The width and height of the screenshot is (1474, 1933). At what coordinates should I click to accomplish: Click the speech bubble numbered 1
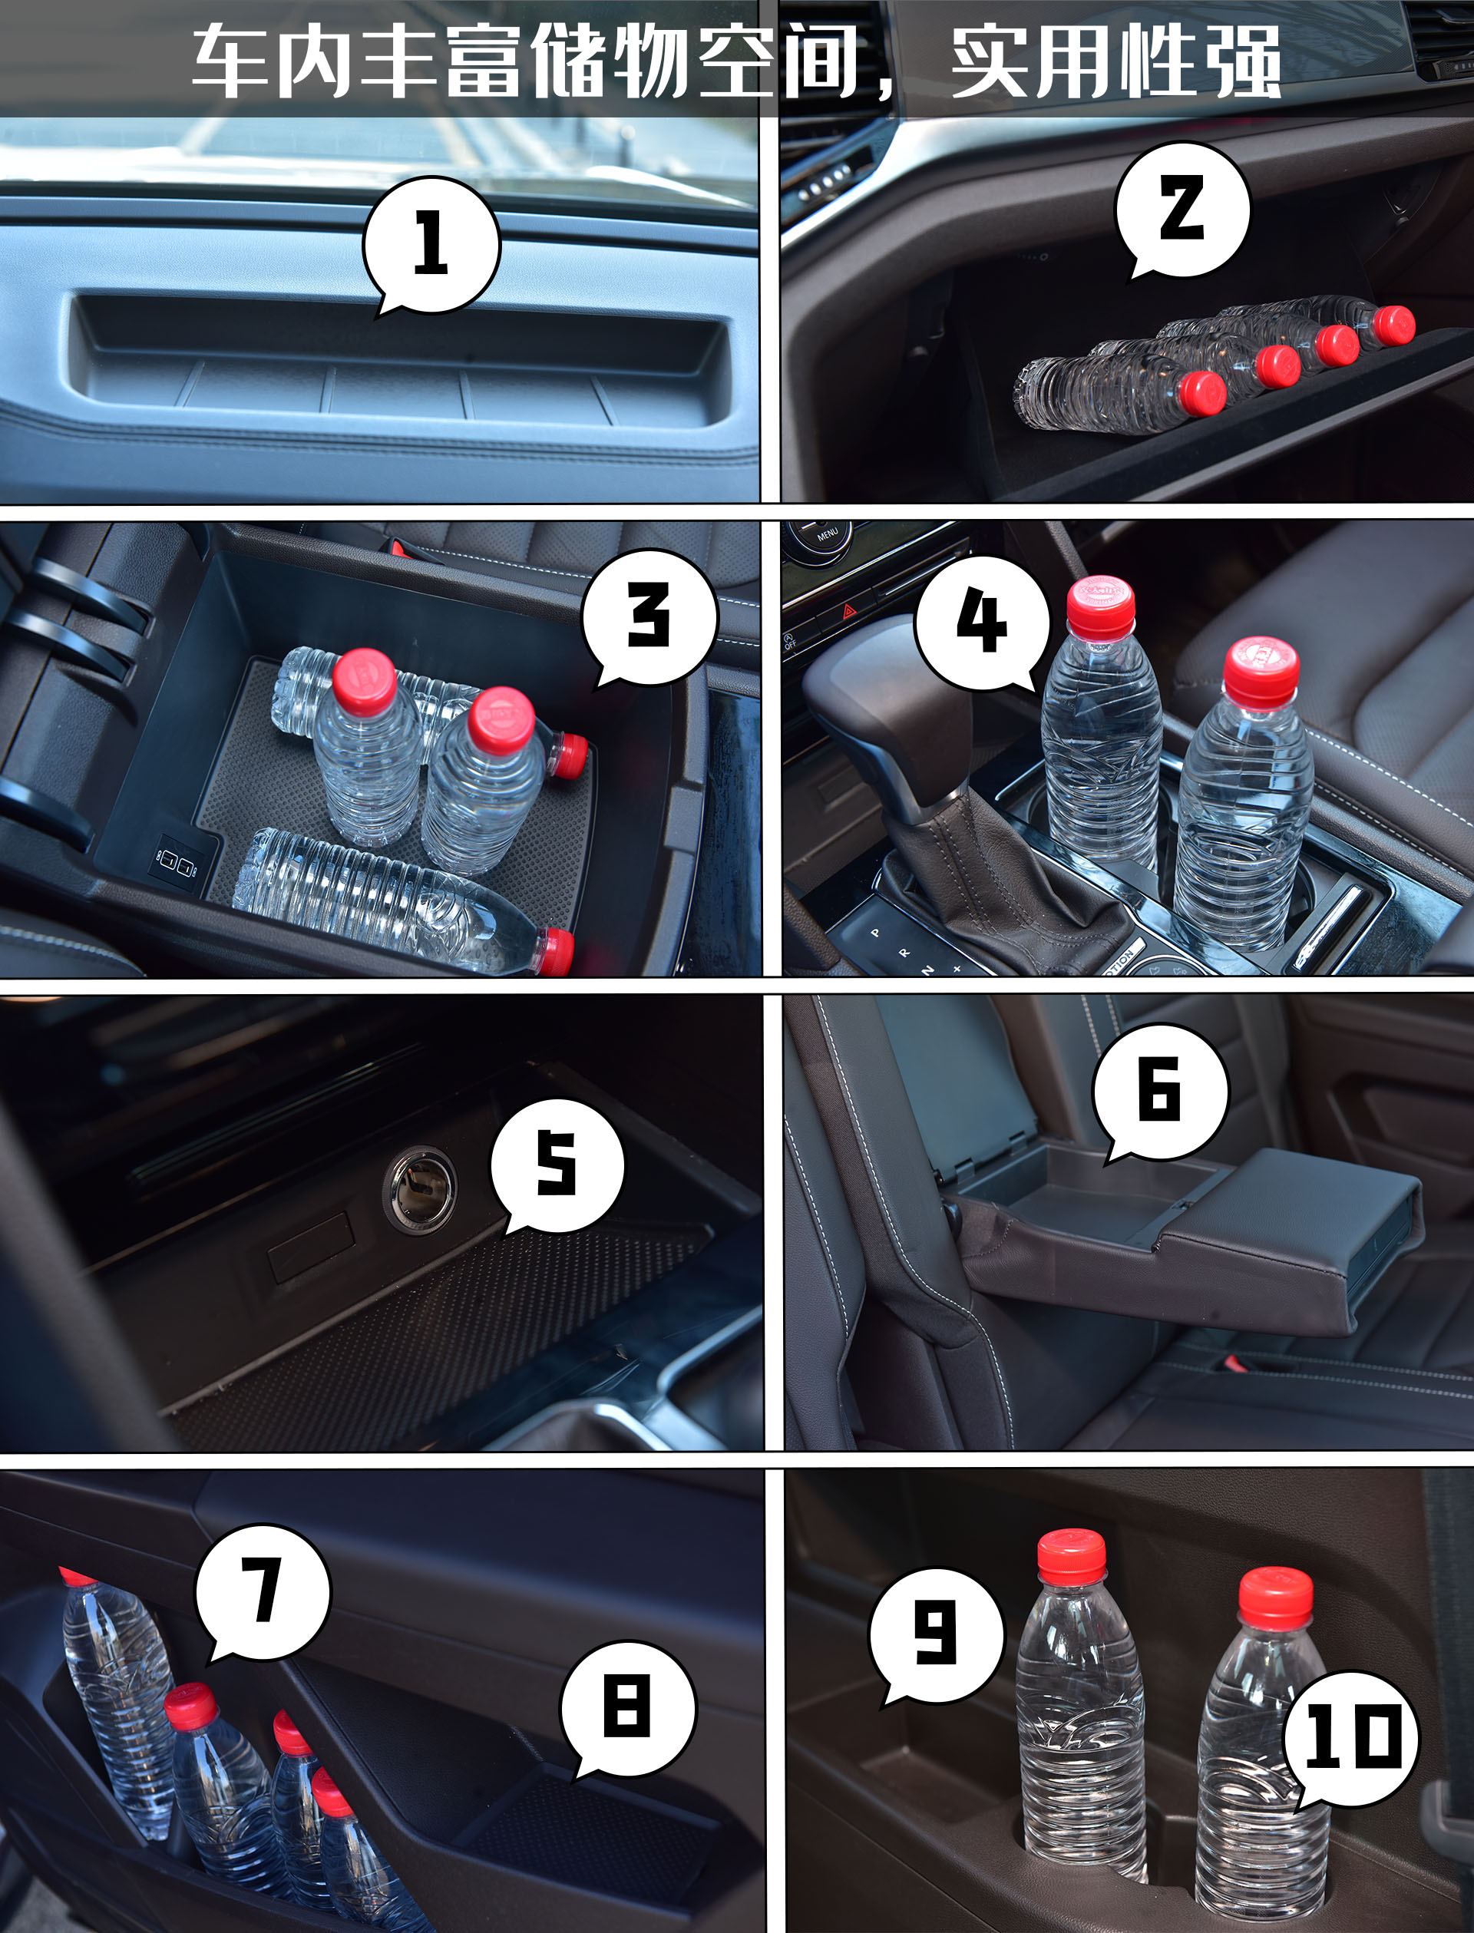431,244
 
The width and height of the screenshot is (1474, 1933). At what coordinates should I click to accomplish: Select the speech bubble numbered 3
649,616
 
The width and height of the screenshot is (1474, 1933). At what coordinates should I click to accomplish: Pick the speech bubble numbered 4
982,622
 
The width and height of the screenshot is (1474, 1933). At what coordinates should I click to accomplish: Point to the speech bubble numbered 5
557,1165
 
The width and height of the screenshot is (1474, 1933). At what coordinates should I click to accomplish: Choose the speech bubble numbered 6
1160,1091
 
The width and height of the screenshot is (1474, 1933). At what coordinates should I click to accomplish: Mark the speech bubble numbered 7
263,1593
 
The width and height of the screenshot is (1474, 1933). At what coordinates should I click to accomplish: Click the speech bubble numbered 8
628,1707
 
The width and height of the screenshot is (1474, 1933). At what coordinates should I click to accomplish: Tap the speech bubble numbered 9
936,1634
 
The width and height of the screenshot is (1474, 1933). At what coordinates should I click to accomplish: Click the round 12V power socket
419,1190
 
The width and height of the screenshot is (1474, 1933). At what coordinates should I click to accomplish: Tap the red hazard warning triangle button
850,611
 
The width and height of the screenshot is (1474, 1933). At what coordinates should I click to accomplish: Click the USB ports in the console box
177,863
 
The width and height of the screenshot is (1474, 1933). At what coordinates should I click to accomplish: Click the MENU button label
828,533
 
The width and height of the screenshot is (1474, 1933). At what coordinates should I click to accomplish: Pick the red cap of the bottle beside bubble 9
1071,1556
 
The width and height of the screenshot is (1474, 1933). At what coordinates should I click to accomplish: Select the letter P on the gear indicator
874,933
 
